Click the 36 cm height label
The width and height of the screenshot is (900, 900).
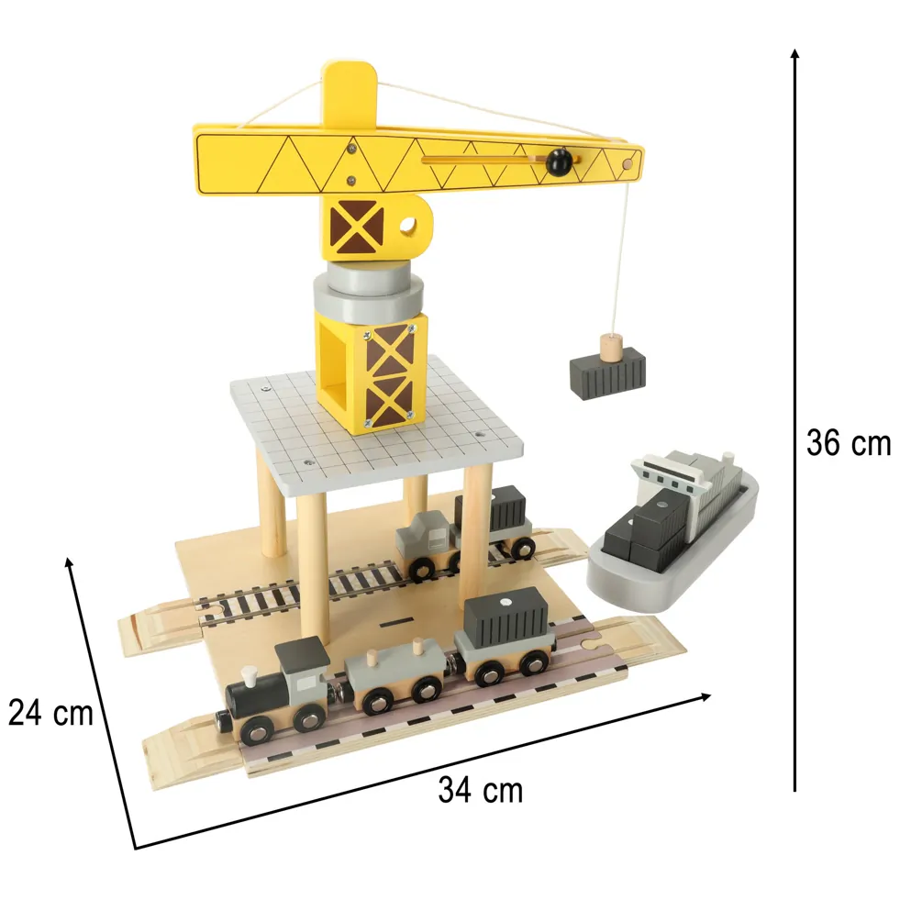click(849, 443)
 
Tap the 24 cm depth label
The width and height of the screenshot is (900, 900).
click(50, 713)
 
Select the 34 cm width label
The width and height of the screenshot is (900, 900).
click(481, 790)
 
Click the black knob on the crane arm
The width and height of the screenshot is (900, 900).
click(559, 161)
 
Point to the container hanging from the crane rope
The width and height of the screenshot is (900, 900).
click(608, 373)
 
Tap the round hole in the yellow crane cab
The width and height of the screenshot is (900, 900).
click(407, 226)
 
